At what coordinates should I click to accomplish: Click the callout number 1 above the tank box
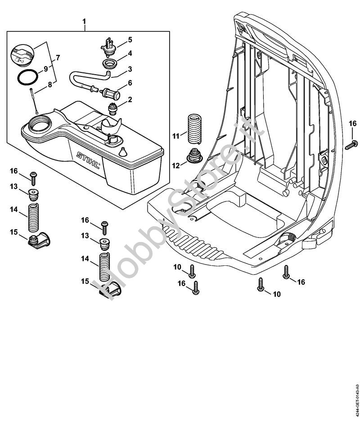(x=84, y=22)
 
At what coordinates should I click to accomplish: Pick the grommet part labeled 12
(x=195, y=156)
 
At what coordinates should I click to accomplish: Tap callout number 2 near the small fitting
(x=129, y=99)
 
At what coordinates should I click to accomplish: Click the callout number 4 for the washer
(x=129, y=53)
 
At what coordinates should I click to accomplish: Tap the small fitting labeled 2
(x=112, y=108)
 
